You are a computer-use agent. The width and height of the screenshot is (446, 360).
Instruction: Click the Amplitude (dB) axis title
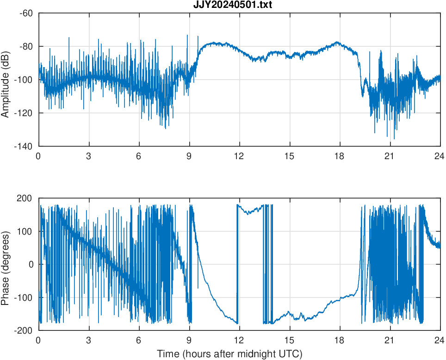pyautogui.click(x=6, y=80)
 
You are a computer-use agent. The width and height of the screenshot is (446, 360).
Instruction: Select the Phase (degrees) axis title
pyautogui.click(x=6, y=264)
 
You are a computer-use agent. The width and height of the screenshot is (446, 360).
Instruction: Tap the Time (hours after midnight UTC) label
pyautogui.click(x=229, y=354)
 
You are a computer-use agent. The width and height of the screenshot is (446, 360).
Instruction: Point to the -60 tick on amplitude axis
pyautogui.click(x=26, y=13)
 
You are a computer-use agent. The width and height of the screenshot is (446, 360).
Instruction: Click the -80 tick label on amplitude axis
pyautogui.click(x=26, y=46)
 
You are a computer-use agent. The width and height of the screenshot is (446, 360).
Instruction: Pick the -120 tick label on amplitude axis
pyautogui.click(x=24, y=113)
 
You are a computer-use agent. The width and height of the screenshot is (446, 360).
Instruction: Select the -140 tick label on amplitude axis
pyautogui.click(x=24, y=146)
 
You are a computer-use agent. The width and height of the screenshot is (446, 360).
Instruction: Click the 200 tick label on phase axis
pyautogui.click(x=25, y=198)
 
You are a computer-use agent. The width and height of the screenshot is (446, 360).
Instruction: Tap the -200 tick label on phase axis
pyautogui.click(x=24, y=330)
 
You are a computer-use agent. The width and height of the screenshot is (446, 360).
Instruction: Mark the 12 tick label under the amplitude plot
pyautogui.click(x=239, y=156)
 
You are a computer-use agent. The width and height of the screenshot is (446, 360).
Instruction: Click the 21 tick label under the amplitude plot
pyautogui.click(x=390, y=156)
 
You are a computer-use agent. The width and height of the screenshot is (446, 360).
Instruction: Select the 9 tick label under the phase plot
pyautogui.click(x=189, y=340)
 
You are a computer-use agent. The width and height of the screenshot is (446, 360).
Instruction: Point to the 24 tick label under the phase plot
pyautogui.click(x=440, y=340)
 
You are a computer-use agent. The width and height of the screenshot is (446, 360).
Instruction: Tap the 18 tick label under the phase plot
pyautogui.click(x=340, y=340)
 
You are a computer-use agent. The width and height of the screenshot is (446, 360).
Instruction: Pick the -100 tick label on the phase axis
pyautogui.click(x=24, y=297)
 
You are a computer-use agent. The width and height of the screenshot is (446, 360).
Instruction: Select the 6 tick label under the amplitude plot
pyautogui.click(x=139, y=156)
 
